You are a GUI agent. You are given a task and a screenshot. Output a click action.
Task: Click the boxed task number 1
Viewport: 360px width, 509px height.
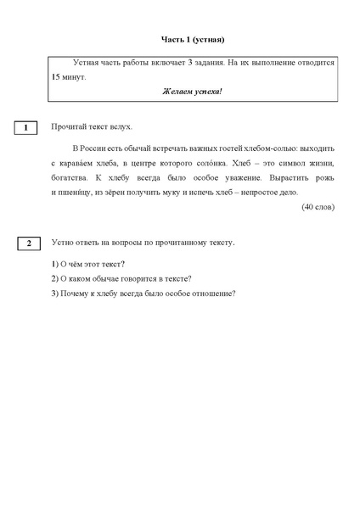click(x=28, y=128)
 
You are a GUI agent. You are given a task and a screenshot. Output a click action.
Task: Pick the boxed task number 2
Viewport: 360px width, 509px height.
click(x=28, y=243)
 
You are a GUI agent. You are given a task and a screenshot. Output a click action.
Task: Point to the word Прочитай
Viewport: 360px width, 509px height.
click(x=67, y=127)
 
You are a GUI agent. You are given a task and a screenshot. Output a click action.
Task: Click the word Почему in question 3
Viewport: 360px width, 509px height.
click(x=76, y=294)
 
